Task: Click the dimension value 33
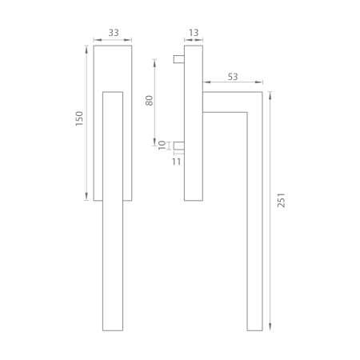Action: pos(114,33)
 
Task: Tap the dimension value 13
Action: pos(194,33)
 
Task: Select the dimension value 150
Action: pos(79,118)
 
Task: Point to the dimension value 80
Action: pos(150,101)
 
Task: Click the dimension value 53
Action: pos(233,77)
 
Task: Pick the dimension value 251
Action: pos(282,200)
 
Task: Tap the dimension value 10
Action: pos(162,146)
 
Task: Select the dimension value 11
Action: pos(176,162)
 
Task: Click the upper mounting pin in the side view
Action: pos(178,59)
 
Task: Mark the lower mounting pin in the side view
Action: pos(178,146)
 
